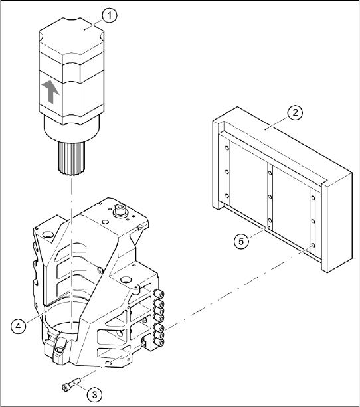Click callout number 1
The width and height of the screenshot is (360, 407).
(x=110, y=15)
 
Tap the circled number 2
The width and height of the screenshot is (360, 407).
(x=295, y=113)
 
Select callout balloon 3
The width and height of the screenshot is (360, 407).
(x=94, y=394)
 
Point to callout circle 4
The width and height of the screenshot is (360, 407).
(x=19, y=326)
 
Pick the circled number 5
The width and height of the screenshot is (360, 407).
(x=241, y=242)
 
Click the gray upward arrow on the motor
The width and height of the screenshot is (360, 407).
(x=50, y=92)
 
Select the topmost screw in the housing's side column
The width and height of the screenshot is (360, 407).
(x=159, y=294)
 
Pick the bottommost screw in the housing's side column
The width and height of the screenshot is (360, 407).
(x=159, y=342)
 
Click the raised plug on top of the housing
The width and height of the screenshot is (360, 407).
(x=120, y=209)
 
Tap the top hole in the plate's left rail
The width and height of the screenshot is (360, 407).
(x=227, y=149)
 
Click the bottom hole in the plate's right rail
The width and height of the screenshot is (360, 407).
(x=314, y=245)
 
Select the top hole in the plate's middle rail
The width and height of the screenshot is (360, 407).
(x=270, y=173)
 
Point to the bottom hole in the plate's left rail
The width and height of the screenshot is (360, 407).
(x=226, y=196)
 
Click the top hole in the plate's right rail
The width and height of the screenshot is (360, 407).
(x=314, y=198)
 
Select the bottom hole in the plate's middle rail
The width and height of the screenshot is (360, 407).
(x=270, y=221)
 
